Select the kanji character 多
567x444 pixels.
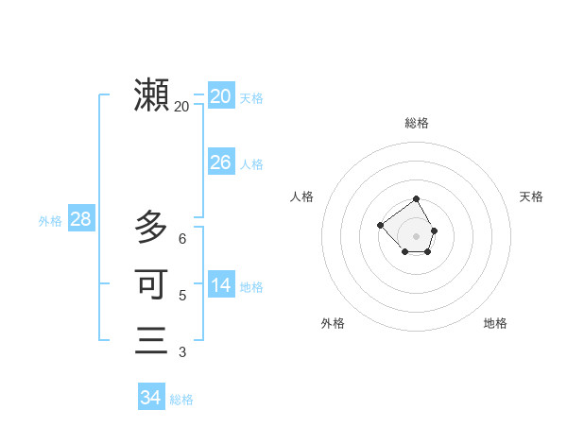152,227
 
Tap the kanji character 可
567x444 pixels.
152,283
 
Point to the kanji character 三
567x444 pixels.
152,340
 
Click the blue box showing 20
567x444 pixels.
220,95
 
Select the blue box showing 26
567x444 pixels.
220,162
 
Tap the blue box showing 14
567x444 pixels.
220,284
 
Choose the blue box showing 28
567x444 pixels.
80,219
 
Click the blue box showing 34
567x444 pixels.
150,398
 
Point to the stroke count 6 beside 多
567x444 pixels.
182,239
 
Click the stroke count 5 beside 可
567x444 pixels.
182,296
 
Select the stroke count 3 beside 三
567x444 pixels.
182,352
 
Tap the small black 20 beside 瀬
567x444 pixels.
181,107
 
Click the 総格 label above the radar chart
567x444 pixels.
417,123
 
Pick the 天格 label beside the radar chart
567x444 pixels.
532,196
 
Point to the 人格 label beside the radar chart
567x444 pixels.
301,196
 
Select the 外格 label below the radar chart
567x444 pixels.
333,323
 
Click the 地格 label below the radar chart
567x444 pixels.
495,323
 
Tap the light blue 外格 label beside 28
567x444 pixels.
50,221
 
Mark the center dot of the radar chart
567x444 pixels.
417,235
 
